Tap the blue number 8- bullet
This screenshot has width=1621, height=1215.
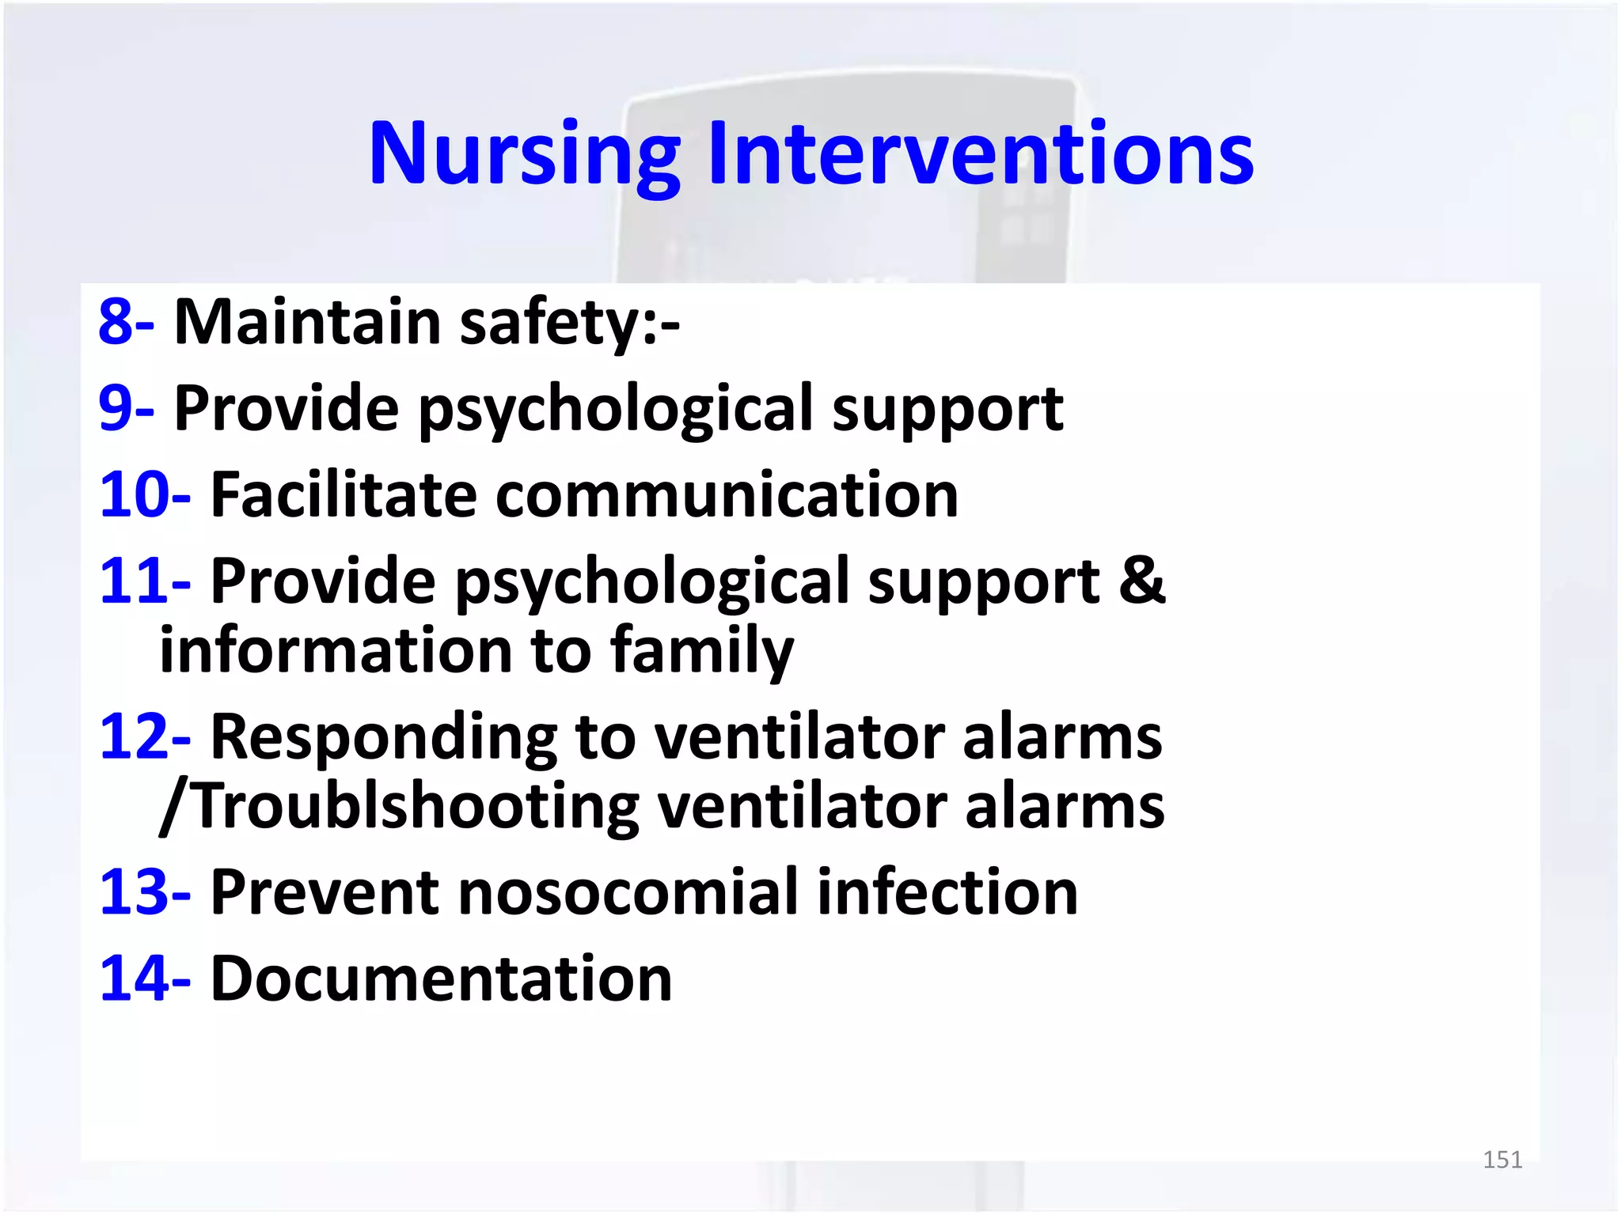click(x=125, y=323)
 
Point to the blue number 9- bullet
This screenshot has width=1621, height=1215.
click(x=125, y=409)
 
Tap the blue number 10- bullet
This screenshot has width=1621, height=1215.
click(x=144, y=495)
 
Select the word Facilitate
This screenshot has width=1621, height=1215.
click(x=343, y=495)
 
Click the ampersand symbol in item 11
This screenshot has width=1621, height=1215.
click(x=1141, y=581)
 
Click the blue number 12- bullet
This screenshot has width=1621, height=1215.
click(x=144, y=737)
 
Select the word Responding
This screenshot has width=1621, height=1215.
click(x=384, y=737)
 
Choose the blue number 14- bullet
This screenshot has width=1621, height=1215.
click(x=144, y=979)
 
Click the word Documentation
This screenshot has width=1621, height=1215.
click(x=441, y=979)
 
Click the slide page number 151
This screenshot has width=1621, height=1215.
click(x=1501, y=1160)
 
